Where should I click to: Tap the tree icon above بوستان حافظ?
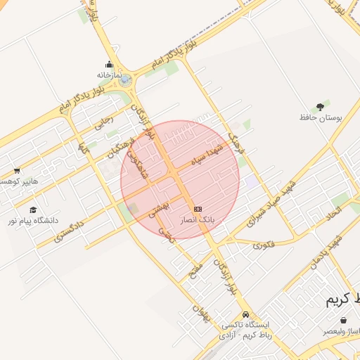click(321, 106)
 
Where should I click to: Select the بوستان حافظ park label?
click(321, 118)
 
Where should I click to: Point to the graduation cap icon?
click(33, 210)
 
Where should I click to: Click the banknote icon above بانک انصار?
click(198, 209)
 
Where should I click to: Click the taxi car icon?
click(245, 314)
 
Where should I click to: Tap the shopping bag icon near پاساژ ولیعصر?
click(343, 320)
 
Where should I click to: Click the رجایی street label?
click(103, 124)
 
